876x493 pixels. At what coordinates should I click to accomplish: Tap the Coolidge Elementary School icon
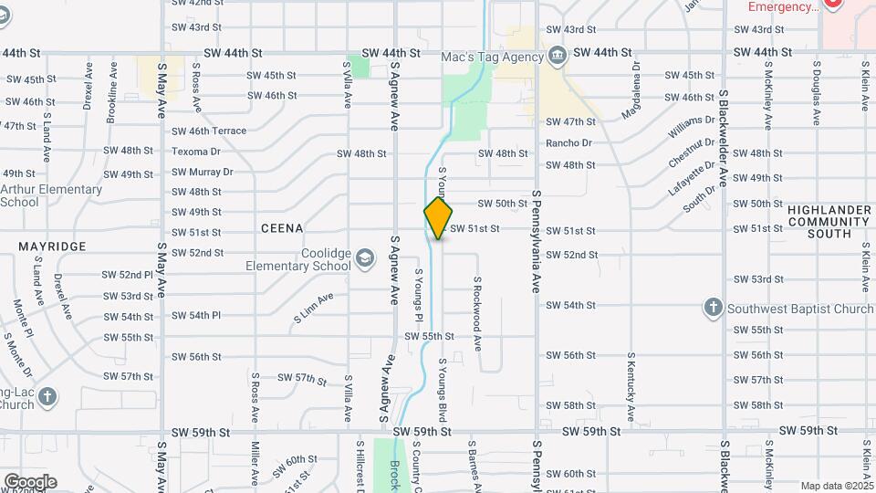(x=365, y=259)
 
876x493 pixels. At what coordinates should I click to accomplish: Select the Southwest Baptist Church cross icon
(x=714, y=308)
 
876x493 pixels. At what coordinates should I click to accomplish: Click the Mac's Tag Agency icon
(x=557, y=57)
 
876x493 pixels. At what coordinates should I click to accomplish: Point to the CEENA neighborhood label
(x=281, y=227)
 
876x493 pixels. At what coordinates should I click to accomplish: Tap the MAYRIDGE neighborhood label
(x=52, y=246)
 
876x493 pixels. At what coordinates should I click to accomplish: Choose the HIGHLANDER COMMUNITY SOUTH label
(x=829, y=222)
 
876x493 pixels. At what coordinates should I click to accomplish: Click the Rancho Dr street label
(x=568, y=143)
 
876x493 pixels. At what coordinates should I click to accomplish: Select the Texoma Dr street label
(x=196, y=152)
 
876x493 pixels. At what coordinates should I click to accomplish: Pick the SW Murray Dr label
(x=202, y=172)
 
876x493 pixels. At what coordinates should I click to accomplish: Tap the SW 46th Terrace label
(x=209, y=131)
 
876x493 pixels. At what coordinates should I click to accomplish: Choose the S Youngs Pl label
(x=419, y=294)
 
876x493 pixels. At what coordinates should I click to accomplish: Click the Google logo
(x=30, y=482)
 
